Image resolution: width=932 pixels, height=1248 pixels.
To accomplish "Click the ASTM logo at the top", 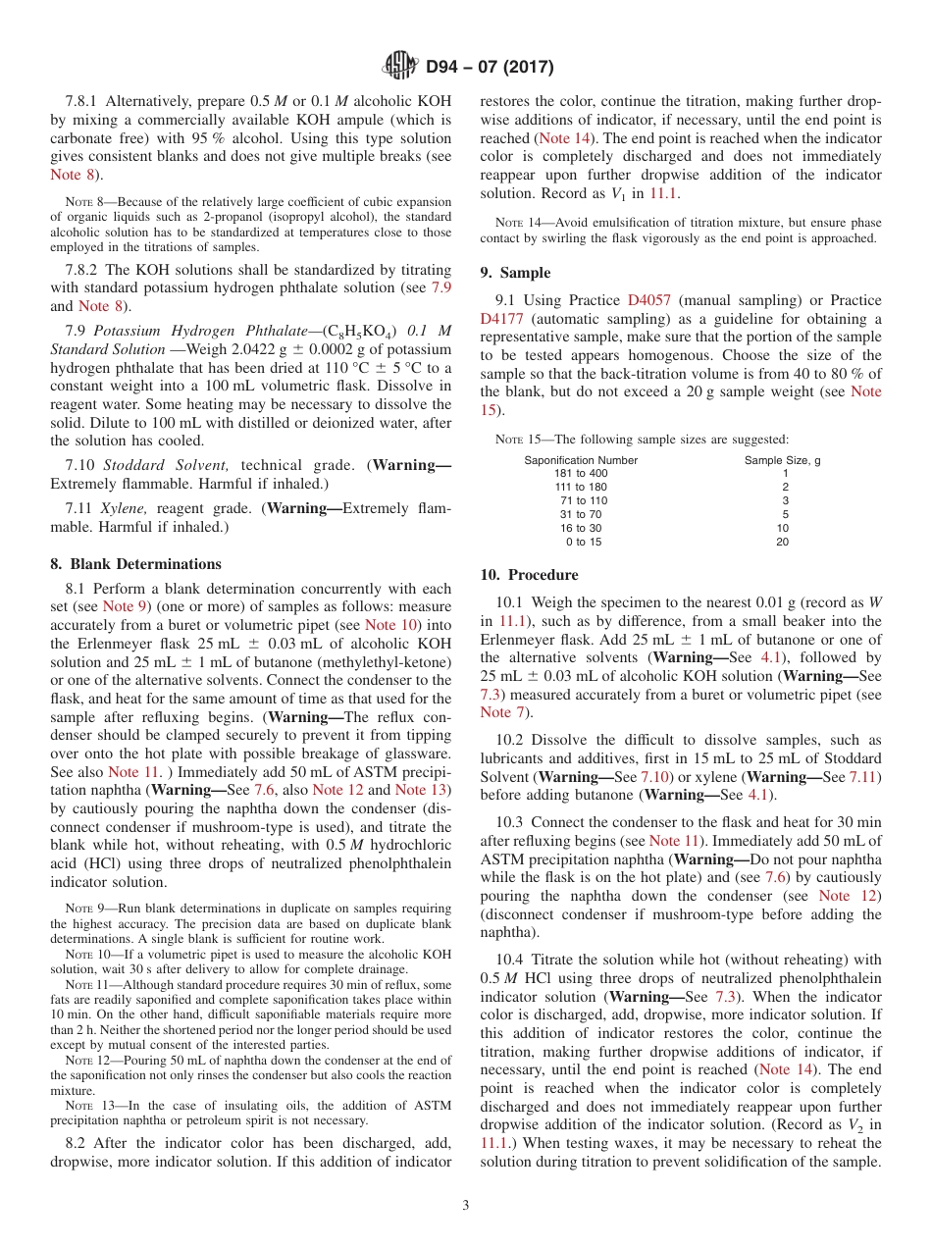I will [399, 67].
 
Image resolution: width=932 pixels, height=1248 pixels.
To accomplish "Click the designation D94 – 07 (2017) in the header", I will [490, 68].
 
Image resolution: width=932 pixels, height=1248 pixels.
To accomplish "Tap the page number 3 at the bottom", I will [466, 1206].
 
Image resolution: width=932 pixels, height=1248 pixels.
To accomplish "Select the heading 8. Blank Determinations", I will [135, 563].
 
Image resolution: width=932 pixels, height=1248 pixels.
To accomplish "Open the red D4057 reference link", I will [648, 300].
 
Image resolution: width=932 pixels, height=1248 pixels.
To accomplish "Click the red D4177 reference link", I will [502, 319].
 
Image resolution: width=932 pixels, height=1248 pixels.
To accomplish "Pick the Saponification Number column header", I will [581, 460].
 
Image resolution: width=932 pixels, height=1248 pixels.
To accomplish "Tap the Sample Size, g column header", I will [782, 460].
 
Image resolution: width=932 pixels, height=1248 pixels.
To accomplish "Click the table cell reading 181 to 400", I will [581, 473].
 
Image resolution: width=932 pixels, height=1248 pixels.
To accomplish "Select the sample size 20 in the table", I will [782, 542].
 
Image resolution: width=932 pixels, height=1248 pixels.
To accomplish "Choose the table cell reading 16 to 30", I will [581, 528].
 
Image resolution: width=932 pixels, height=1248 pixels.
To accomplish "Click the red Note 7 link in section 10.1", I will [495, 712].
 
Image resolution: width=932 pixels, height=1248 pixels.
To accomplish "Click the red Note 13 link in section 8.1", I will [423, 790].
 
